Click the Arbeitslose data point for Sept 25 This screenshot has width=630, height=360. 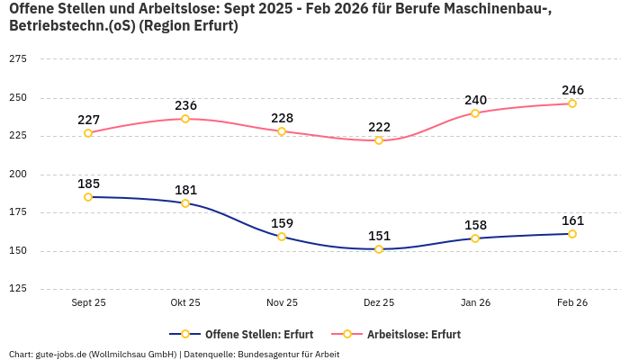click(x=88, y=133)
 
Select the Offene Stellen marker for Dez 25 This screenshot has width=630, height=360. click(x=379, y=249)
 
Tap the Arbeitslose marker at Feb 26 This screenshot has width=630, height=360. click(x=572, y=103)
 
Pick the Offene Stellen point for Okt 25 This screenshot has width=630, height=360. click(x=185, y=203)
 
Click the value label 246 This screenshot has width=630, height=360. click(x=572, y=90)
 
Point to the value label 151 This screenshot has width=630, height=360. click(x=379, y=236)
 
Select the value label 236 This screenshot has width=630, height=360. click(x=185, y=105)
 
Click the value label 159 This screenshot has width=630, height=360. click(x=282, y=223)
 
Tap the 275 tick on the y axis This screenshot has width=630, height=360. click(x=17, y=59)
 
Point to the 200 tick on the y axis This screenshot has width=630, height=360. click(x=17, y=175)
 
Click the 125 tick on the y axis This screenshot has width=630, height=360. click(x=17, y=289)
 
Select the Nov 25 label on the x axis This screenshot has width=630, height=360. click(x=282, y=303)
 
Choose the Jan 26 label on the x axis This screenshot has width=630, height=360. click(x=475, y=303)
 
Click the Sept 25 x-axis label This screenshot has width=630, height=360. click(x=88, y=303)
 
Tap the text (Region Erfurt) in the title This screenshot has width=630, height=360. click(x=190, y=26)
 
